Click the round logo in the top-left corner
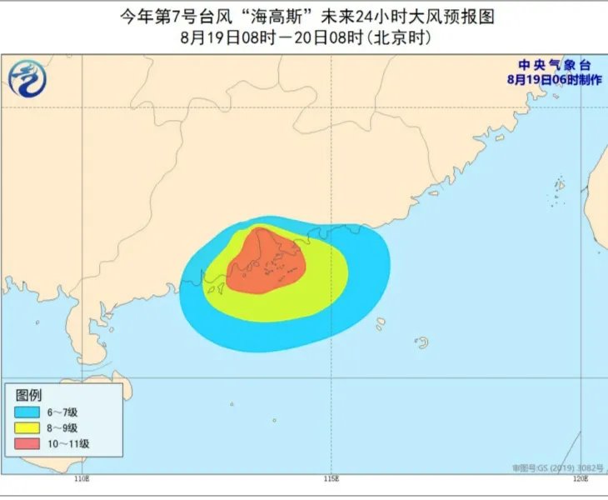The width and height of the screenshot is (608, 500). tap(27, 79)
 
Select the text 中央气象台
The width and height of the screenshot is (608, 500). tap(553, 66)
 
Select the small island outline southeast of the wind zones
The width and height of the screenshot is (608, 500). tap(422, 342)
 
